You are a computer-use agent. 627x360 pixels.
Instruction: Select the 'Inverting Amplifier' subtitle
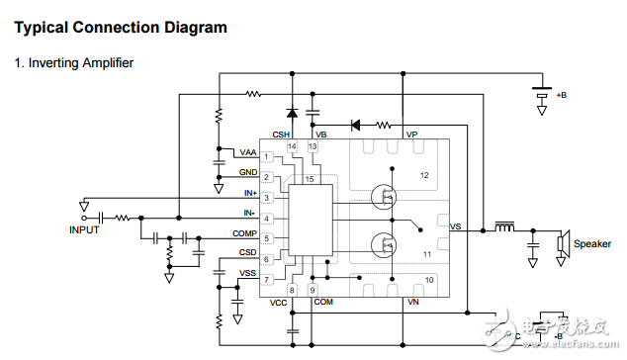point(73,63)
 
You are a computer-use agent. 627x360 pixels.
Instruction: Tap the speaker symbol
point(562,243)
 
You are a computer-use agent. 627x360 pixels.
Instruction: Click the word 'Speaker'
point(592,244)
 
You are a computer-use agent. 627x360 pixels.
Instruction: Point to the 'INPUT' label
point(85,229)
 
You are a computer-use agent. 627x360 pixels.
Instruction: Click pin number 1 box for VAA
point(266,157)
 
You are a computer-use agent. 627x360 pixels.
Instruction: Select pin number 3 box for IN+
point(266,199)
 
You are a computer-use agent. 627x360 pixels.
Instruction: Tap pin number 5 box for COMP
point(266,238)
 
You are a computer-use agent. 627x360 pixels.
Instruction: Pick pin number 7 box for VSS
point(266,280)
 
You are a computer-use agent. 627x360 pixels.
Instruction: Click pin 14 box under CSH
point(292,147)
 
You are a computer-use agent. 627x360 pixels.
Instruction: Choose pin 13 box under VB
point(313,147)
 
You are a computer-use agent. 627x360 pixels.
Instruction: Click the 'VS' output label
point(455,227)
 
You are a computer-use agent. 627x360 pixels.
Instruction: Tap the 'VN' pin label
point(412,302)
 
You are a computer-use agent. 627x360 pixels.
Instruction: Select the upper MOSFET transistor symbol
point(382,197)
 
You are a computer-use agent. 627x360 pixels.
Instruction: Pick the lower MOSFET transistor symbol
point(382,243)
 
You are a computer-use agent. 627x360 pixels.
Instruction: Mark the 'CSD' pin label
point(247,252)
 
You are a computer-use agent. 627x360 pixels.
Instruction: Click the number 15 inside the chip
point(310,179)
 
